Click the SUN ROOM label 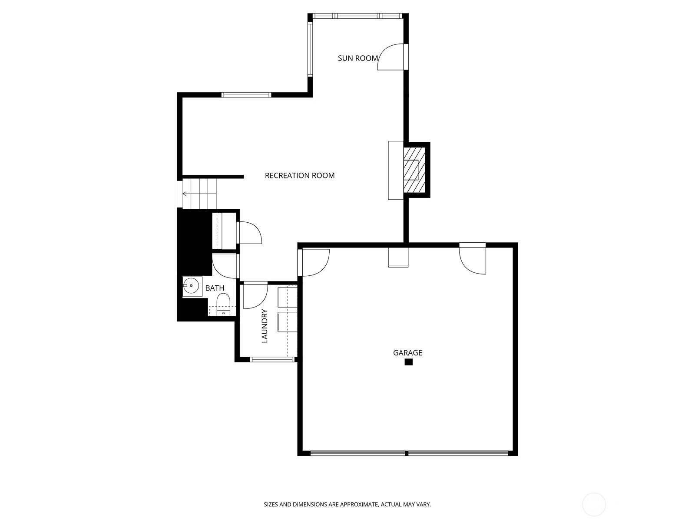pos(357,58)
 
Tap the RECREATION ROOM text pos(300,176)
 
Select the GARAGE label pos(407,353)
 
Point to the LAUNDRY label pos(265,326)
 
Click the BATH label pos(215,288)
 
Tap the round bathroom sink pos(191,286)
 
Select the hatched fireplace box pos(414,170)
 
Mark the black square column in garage pos(408,362)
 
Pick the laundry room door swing pos(254,296)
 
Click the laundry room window pos(272,359)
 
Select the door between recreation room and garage pos(314,262)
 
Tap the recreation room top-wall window pos(246,95)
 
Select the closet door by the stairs pos(250,232)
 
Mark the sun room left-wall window pos(310,48)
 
